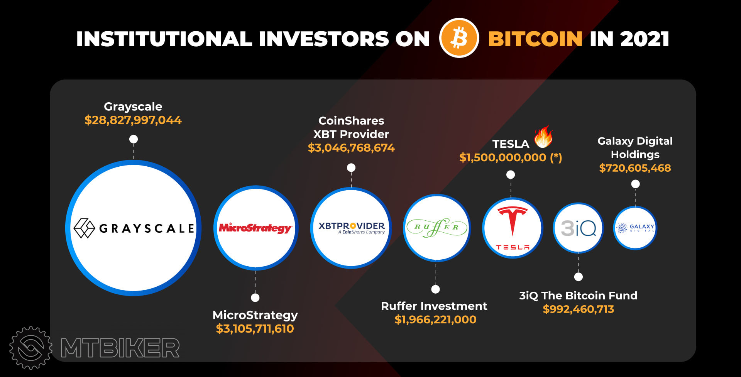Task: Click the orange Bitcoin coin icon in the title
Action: [459, 38]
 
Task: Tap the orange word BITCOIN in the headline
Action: [535, 39]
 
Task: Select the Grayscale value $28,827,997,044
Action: [133, 120]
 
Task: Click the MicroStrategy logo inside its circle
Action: [255, 228]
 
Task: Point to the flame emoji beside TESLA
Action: [543, 137]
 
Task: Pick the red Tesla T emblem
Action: [513, 221]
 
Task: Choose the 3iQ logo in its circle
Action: [578, 228]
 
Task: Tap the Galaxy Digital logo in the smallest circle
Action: [635, 228]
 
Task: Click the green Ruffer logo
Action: [436, 227]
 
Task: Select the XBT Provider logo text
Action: [352, 227]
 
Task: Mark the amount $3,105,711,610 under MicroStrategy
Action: [255, 329]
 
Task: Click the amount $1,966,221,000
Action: [435, 320]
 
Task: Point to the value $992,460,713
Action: [578, 309]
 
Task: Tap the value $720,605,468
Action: [635, 168]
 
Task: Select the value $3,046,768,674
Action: [351, 148]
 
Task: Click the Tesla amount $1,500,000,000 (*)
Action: [510, 157]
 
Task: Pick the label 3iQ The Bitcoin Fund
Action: [578, 296]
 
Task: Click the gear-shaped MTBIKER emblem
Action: [31, 348]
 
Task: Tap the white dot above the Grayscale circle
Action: [134, 139]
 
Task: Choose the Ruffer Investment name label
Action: [434, 306]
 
